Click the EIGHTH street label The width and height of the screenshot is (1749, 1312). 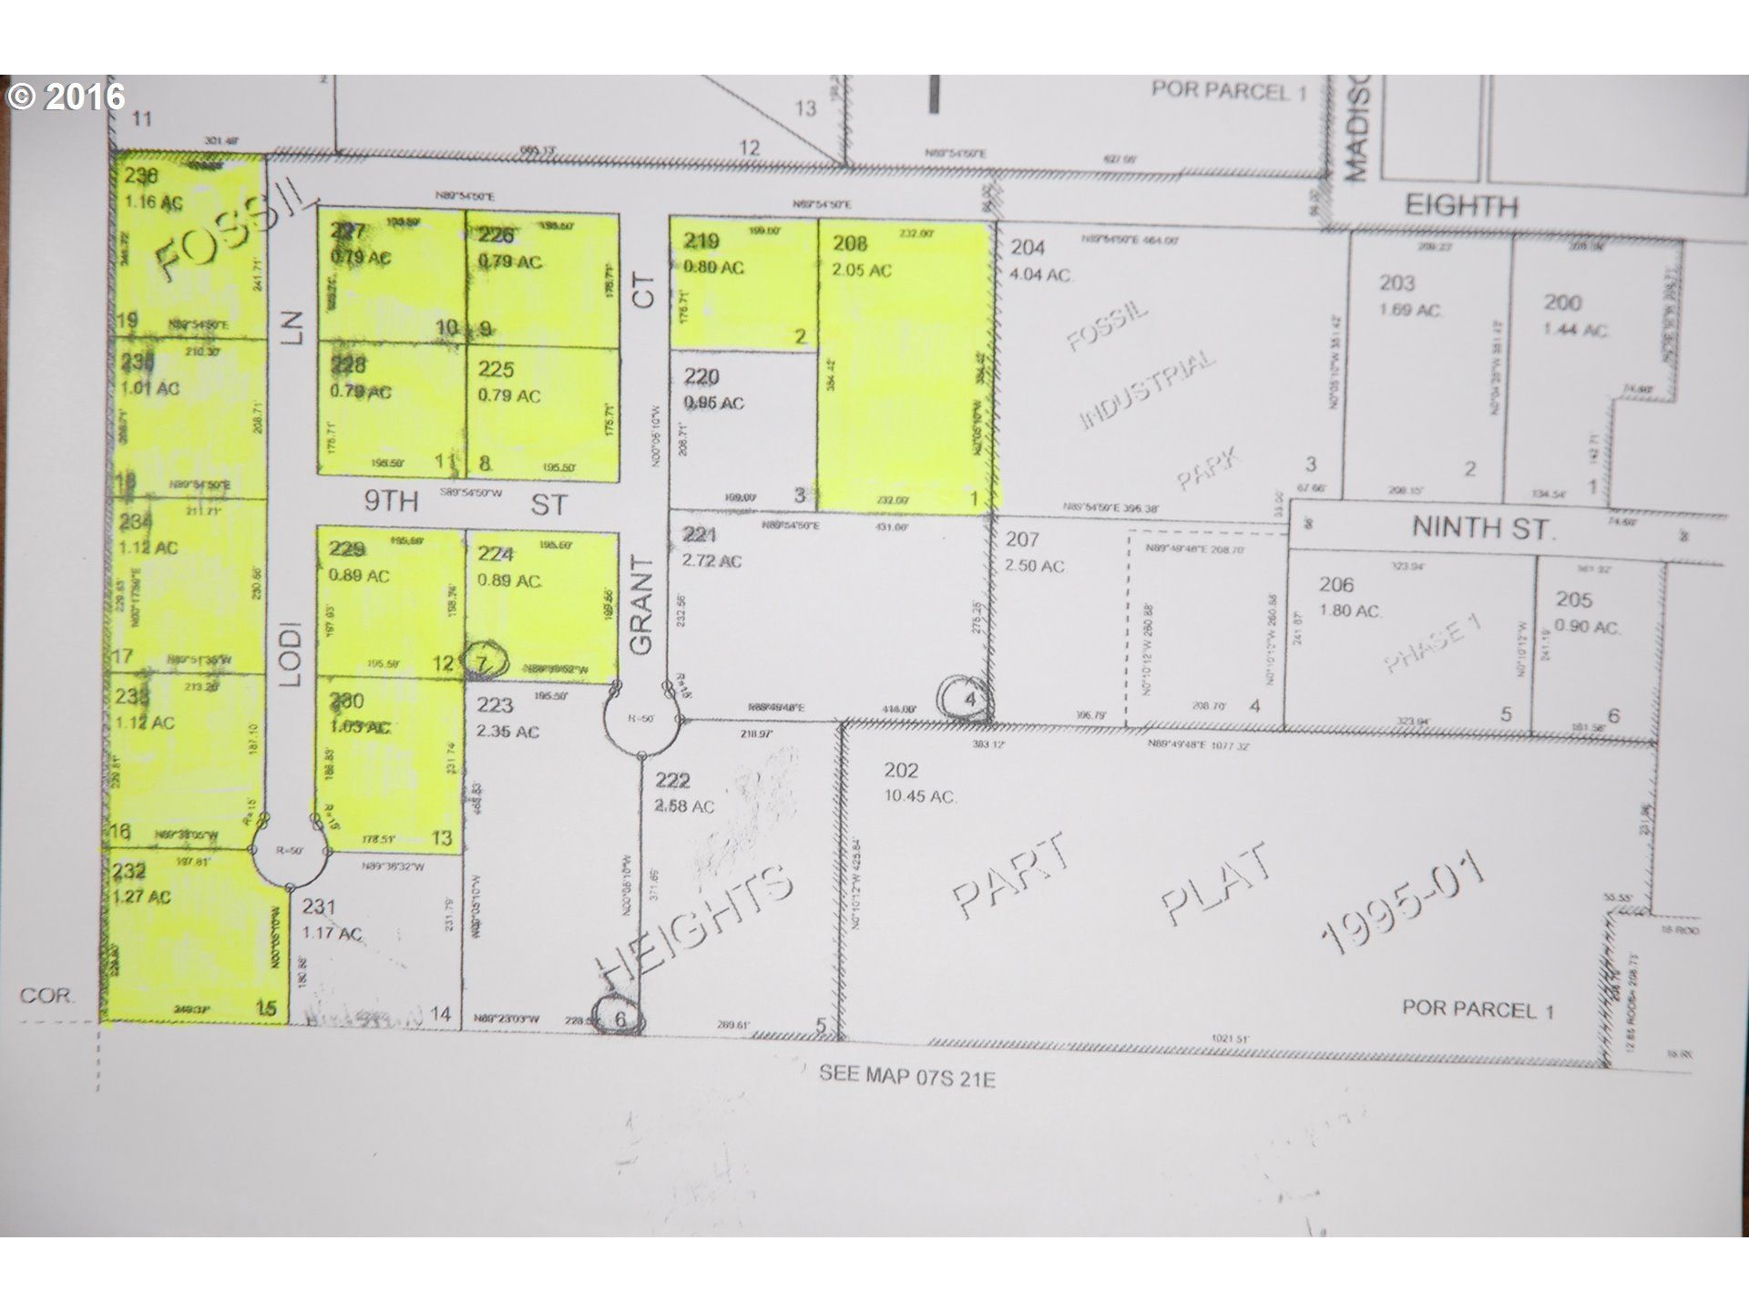1461,205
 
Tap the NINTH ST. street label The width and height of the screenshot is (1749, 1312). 1482,528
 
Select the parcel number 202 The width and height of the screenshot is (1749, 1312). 901,771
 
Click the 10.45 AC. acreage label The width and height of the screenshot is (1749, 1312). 920,796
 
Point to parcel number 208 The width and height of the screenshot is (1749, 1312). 850,243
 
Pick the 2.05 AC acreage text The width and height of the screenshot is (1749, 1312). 862,271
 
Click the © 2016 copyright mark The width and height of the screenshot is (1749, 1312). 66,97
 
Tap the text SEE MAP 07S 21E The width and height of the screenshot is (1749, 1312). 906,1077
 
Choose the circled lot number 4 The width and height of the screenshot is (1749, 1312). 969,700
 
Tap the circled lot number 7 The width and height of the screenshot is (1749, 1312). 482,663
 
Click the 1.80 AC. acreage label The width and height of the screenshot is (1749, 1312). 1351,610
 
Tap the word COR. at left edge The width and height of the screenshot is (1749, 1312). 46,995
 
